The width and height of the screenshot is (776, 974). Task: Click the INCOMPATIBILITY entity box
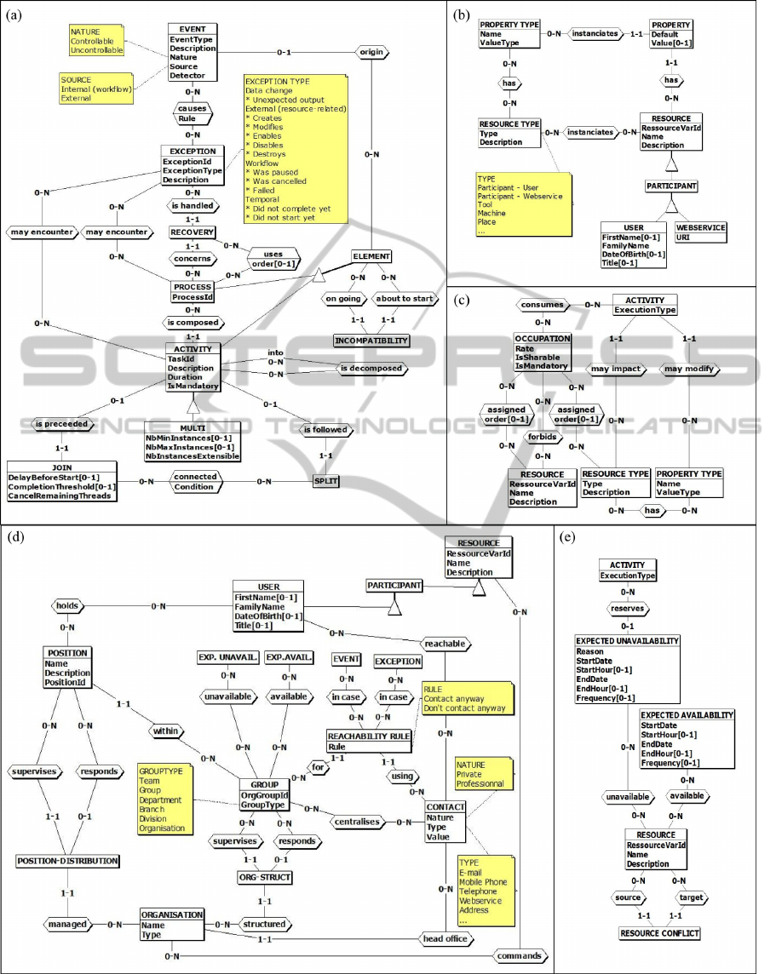tap(371, 341)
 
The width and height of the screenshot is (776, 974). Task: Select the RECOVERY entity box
tap(192, 232)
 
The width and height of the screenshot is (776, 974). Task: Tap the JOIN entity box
tap(60, 480)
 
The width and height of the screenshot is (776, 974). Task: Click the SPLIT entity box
tap(325, 481)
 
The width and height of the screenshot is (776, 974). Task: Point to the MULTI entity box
tap(192, 441)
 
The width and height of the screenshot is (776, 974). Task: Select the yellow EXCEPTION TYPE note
tap(295, 148)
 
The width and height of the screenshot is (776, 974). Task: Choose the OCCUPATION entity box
tap(542, 351)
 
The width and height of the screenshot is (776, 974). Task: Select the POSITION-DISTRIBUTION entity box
tap(67, 861)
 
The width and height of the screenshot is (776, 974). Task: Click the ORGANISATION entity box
tap(172, 924)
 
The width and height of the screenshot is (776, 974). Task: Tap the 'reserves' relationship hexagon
tap(628, 608)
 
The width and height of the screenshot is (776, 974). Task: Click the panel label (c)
tap(462, 300)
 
